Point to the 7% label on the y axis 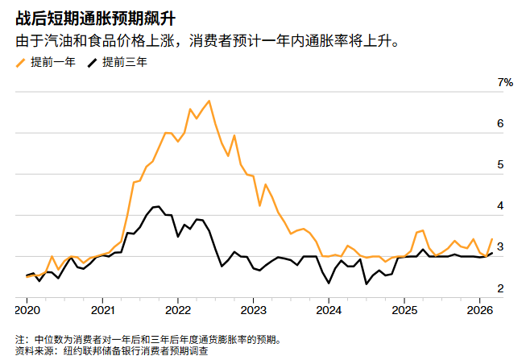505,83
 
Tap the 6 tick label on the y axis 500,124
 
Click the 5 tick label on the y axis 500,165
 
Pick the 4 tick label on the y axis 500,206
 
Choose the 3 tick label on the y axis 500,247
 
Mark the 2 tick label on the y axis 500,288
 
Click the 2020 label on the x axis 27,310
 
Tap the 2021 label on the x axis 102,310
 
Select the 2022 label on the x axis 178,310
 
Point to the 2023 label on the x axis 253,310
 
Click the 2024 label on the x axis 329,310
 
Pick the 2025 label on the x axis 404,310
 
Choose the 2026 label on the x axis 479,310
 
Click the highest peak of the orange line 209,101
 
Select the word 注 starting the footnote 20,340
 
